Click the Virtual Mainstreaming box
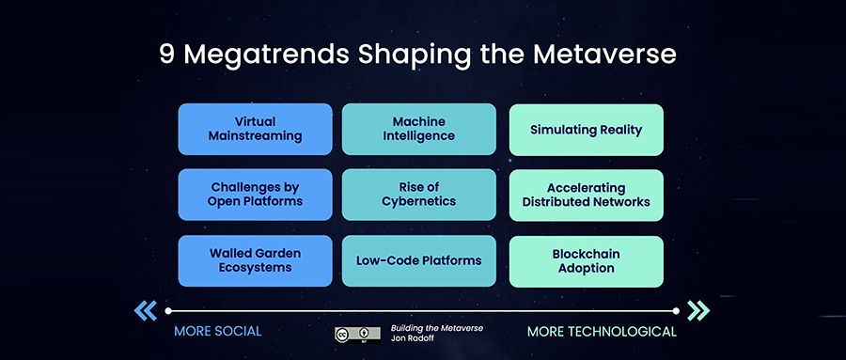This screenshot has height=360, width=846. click(x=255, y=129)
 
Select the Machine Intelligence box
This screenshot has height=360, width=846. click(x=418, y=129)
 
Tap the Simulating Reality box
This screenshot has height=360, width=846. click(x=586, y=130)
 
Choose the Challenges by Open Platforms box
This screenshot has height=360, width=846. click(x=255, y=195)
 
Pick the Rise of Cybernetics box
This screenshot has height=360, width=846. click(x=418, y=195)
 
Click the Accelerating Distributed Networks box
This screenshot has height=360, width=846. click(x=586, y=196)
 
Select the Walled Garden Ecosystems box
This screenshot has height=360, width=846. click(x=255, y=260)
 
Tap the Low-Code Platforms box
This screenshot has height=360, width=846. click(x=418, y=260)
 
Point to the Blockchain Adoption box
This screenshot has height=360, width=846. click(x=586, y=261)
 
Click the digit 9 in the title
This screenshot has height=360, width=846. click(x=166, y=55)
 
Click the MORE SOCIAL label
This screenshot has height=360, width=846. click(x=217, y=332)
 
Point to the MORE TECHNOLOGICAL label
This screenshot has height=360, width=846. click(x=602, y=332)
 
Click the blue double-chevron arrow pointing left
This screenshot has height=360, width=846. click(x=146, y=310)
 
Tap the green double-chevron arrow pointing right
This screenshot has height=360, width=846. click(x=698, y=310)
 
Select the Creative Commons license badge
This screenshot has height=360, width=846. click(x=357, y=335)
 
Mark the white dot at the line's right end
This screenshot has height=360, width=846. click(x=676, y=311)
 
